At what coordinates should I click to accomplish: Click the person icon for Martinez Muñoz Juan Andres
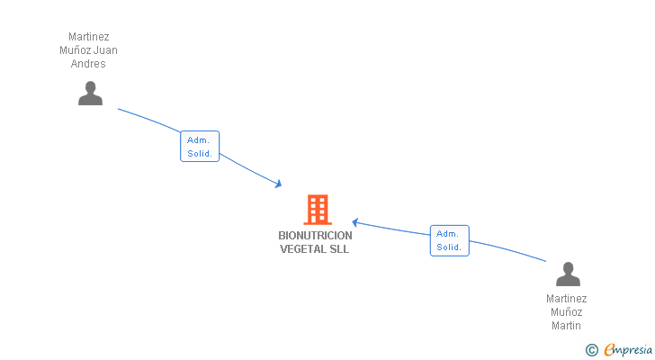pyautogui.click(x=90, y=94)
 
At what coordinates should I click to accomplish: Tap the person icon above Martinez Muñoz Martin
pyautogui.click(x=568, y=274)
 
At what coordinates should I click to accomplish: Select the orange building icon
pyautogui.click(x=317, y=210)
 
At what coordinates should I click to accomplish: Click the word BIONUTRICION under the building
pyautogui.click(x=315, y=236)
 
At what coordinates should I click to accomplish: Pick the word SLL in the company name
pyautogui.click(x=339, y=249)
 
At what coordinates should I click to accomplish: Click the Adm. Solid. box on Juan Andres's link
pyautogui.click(x=200, y=147)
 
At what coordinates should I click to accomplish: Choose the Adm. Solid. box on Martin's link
pyautogui.click(x=449, y=240)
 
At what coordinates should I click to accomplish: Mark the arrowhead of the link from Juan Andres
pyautogui.click(x=279, y=184)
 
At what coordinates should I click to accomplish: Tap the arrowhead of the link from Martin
pyautogui.click(x=355, y=221)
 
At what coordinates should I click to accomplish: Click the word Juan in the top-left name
pyautogui.click(x=105, y=50)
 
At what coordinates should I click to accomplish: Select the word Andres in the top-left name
pyautogui.click(x=89, y=64)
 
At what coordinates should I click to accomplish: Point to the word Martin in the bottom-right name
pyautogui.click(x=567, y=326)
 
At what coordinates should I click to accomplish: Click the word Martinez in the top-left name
pyautogui.click(x=89, y=37)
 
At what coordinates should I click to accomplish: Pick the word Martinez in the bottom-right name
pyautogui.click(x=567, y=299)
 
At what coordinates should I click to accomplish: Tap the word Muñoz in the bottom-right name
pyautogui.click(x=567, y=312)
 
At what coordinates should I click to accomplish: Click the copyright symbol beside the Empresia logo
pyautogui.click(x=591, y=350)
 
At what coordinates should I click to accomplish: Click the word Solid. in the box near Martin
pyautogui.click(x=449, y=247)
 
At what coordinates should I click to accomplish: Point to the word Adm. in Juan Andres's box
pyautogui.click(x=199, y=140)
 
